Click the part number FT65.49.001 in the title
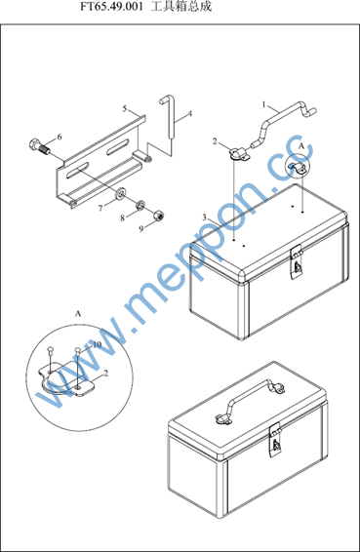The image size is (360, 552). (x=111, y=6)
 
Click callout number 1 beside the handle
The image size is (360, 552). (x=263, y=104)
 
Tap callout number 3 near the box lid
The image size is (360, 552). (x=204, y=217)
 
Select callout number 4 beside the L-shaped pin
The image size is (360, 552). (x=190, y=114)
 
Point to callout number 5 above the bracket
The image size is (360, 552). (x=125, y=109)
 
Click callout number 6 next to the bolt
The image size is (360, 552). (x=60, y=137)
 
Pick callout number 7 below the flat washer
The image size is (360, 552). (x=100, y=209)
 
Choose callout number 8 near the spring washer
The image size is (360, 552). (x=122, y=217)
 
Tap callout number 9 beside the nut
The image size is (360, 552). (x=141, y=229)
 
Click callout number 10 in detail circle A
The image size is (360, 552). (x=97, y=344)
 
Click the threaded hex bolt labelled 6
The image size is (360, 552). (x=39, y=147)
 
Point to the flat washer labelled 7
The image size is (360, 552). (x=122, y=192)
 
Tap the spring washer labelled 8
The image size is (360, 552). (x=140, y=205)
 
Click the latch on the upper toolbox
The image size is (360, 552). (x=297, y=262)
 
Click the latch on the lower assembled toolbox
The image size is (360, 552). (x=275, y=440)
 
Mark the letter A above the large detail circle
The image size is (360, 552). (x=78, y=313)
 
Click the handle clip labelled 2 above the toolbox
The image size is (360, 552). (x=239, y=154)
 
